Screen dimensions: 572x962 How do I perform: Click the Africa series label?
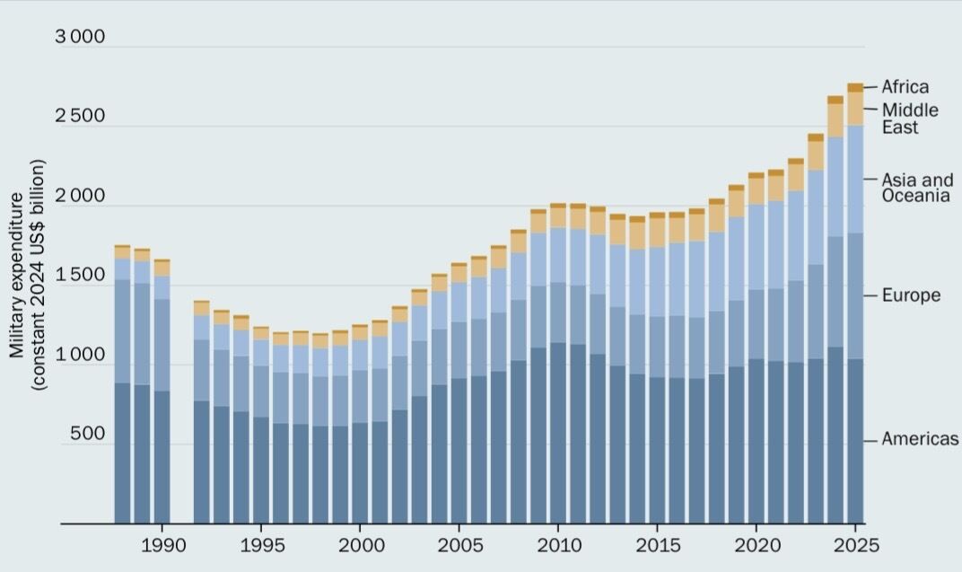point(905,87)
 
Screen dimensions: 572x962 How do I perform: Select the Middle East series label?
point(910,119)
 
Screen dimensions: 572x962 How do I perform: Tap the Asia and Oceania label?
point(915,188)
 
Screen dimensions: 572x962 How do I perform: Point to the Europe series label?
point(911,295)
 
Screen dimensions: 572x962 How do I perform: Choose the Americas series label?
point(920,439)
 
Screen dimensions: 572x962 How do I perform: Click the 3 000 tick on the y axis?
point(80,37)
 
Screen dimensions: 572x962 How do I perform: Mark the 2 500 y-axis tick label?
point(80,117)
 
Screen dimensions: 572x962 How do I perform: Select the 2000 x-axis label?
point(360,545)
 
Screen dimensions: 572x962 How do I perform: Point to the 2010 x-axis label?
point(557,545)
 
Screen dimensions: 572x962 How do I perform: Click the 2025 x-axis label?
point(854,545)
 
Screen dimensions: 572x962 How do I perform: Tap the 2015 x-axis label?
point(657,545)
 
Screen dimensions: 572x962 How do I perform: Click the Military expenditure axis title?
point(28,274)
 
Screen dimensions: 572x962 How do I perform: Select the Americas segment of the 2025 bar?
point(855,441)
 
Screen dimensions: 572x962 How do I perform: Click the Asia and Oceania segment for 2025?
point(855,180)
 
